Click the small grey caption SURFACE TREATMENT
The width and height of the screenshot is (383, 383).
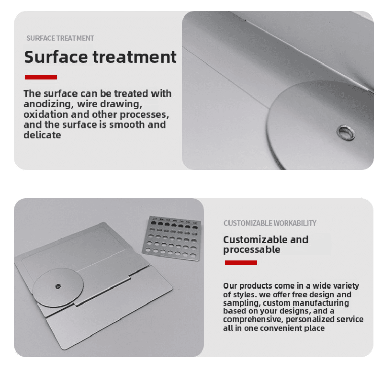(60, 38)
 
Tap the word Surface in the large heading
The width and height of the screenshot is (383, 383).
(56, 57)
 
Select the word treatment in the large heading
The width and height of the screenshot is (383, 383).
(135, 57)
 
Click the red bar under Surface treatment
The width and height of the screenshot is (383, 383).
(41, 77)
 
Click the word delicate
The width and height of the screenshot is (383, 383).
(42, 135)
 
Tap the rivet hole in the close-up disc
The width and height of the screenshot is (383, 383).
(346, 133)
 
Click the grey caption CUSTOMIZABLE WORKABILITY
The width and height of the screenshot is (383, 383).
(270, 223)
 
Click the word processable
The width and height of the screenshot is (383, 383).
(252, 249)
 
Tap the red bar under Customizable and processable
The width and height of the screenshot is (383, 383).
(241, 262)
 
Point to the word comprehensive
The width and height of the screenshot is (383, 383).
(253, 319)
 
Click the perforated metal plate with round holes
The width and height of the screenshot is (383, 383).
(172, 238)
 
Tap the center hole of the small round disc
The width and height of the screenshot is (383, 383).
(58, 286)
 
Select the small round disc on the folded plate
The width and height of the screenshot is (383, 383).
(58, 287)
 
